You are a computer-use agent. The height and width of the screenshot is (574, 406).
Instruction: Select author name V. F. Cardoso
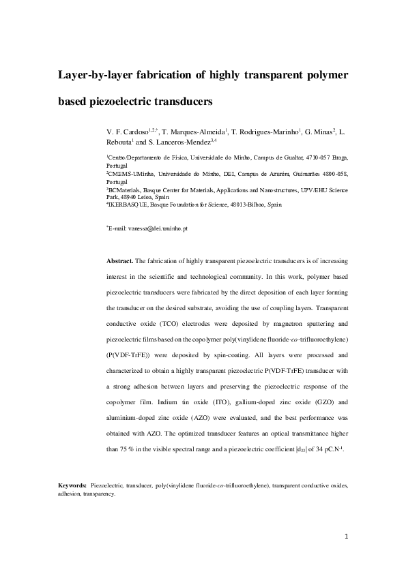point(128,130)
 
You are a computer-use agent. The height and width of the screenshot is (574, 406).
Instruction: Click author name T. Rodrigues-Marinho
point(261,130)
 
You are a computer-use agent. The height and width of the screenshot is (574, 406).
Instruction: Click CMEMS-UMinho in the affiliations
point(130,175)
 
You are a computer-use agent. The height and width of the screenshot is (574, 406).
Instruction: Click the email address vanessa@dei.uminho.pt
point(158,228)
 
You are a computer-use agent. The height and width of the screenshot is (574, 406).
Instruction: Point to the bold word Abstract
point(120,260)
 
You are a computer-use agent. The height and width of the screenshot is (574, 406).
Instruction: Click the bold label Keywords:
point(72,486)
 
